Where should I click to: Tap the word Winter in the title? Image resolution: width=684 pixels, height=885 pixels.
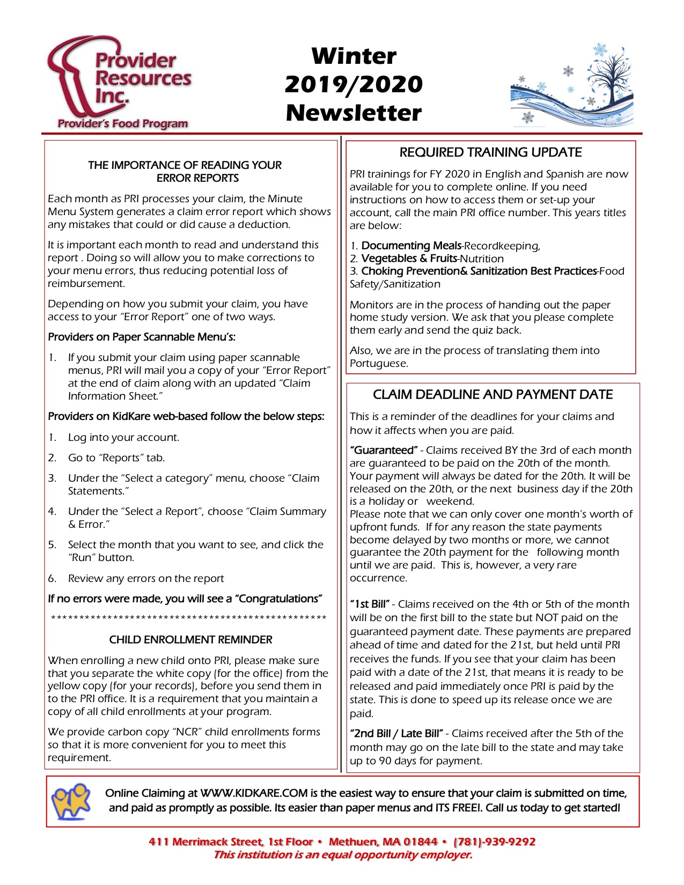coord(354,56)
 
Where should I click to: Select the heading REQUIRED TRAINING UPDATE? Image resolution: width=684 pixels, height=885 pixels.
coord(490,152)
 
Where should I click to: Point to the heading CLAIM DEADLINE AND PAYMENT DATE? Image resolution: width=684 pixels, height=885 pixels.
coord(492,395)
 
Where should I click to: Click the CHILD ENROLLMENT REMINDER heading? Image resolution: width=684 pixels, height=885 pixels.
coord(190,639)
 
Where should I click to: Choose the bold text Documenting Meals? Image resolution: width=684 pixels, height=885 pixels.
coord(411,246)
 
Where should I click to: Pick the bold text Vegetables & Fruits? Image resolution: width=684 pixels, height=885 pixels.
coord(409,259)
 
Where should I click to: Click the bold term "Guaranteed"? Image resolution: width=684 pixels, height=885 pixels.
coord(384,450)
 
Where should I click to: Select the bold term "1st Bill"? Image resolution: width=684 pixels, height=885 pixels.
coord(370,604)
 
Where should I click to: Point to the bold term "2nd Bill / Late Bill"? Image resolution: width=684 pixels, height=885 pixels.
coord(396,734)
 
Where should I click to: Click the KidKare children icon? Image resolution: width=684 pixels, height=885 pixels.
coord(71,800)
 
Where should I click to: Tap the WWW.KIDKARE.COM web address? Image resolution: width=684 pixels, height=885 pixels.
coord(254,793)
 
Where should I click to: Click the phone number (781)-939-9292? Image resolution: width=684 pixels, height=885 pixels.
coord(494,842)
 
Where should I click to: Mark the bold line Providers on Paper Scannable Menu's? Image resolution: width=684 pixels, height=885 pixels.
coord(142,337)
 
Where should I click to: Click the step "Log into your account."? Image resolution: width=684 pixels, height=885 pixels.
coord(123,437)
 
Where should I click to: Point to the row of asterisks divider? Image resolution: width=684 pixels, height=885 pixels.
coord(188,619)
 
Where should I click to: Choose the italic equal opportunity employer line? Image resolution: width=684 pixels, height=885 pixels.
coord(343,855)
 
